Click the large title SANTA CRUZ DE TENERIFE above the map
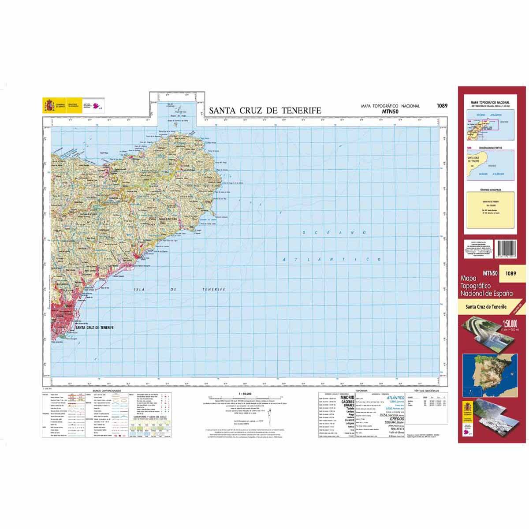tap(264, 111)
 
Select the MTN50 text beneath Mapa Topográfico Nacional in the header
tap(390, 112)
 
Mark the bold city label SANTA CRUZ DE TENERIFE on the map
tap(94, 328)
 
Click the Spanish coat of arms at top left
tap(48, 106)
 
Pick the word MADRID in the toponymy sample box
tap(348, 398)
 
